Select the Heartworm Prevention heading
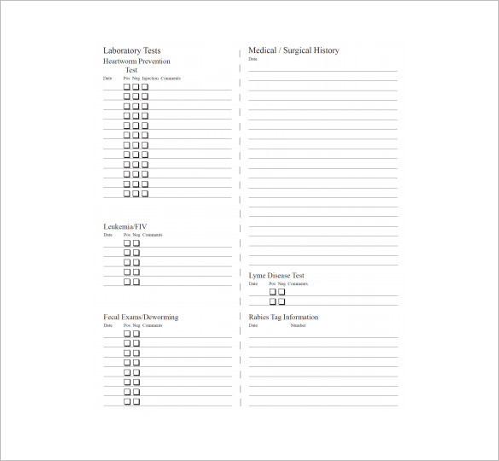(136, 61)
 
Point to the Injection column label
(150, 79)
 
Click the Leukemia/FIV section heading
(125, 226)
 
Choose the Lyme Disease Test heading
(276, 276)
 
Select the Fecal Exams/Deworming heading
(141, 318)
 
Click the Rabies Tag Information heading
(283, 318)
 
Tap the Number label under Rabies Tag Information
(298, 325)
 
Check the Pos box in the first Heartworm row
(127, 87)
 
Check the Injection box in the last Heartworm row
(145, 194)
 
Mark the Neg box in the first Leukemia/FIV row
(136, 243)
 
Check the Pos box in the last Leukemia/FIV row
(127, 282)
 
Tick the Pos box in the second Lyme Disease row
(273, 301)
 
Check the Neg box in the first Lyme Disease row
(281, 292)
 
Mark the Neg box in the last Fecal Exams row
(136, 401)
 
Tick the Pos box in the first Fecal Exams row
(127, 334)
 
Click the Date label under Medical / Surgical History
(252, 59)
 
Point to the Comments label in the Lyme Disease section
(298, 283)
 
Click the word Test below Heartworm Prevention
(131, 70)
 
